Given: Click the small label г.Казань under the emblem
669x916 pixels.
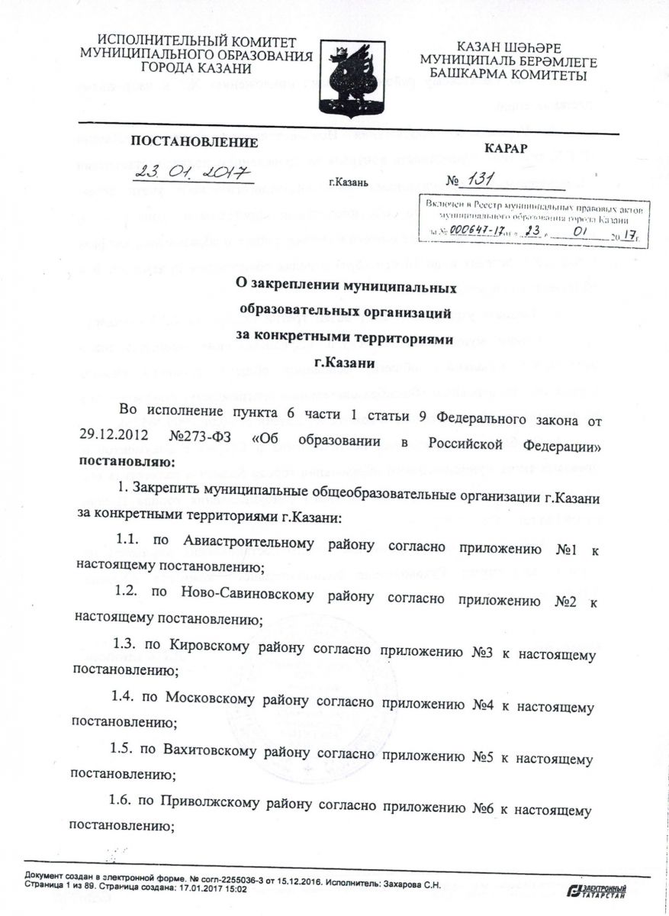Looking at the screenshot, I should [349, 184].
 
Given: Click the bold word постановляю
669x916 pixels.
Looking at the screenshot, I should [126, 462].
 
